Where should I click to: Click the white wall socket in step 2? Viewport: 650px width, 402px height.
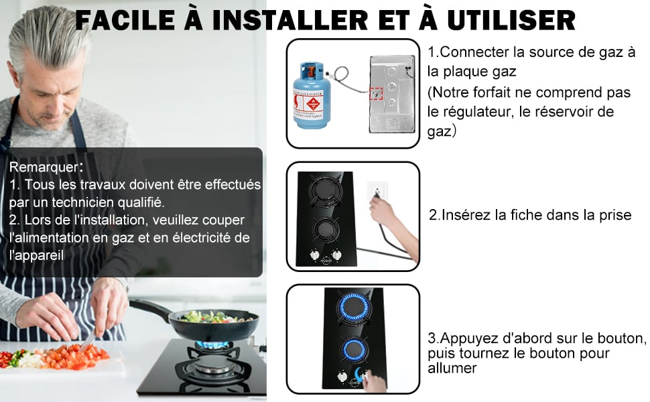pyautogui.click(x=377, y=190)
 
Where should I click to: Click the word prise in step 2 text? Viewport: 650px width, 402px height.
pyautogui.click(x=616, y=215)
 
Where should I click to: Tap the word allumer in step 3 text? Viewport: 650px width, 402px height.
pyautogui.click(x=452, y=368)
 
